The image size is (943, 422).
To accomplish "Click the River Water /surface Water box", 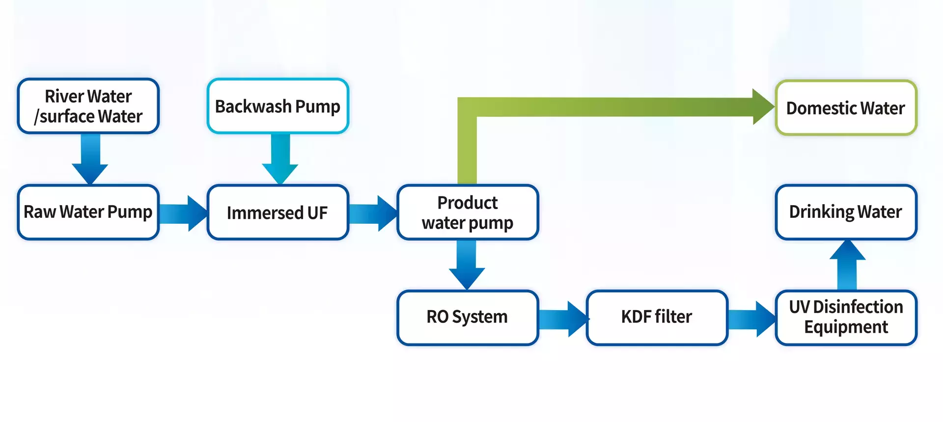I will point(88,106).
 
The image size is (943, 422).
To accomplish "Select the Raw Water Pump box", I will point(88,212).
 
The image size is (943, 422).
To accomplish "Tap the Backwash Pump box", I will point(278,106).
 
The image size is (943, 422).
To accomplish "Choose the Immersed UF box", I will point(278,212).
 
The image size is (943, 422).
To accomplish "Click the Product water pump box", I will point(468,212).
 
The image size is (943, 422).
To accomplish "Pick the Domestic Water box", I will point(846,108).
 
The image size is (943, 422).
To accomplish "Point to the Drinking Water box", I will point(846,212).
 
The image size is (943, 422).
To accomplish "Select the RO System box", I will point(468,317).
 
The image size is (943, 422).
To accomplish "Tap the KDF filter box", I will point(657,317).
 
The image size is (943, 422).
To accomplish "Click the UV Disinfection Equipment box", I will point(846,317).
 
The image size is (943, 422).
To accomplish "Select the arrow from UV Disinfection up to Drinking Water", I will point(847,265).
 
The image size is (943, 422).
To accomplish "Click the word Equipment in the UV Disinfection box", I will point(846,327).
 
